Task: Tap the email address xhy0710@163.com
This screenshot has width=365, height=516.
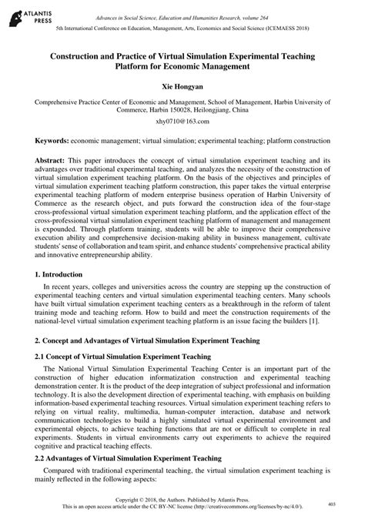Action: tap(182, 122)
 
